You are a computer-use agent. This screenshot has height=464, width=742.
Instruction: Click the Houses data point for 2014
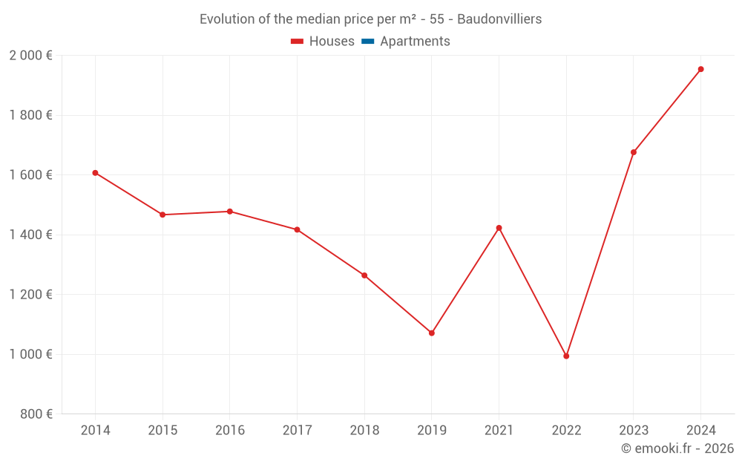point(95,173)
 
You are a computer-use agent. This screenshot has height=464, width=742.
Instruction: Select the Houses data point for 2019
point(432,333)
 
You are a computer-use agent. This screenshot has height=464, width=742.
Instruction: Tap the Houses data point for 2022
point(566,356)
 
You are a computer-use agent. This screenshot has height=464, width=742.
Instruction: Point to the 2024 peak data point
point(700,70)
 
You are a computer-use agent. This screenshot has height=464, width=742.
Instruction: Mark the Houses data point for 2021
point(499,228)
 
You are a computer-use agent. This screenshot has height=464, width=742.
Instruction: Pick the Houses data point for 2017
point(297,230)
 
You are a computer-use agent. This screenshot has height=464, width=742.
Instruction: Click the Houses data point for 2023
point(634,152)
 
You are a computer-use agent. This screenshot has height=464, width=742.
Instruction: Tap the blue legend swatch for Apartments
point(367,42)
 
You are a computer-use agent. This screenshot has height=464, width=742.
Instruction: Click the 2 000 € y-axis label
point(30,56)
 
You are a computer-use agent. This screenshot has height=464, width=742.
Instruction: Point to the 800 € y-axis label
point(36,414)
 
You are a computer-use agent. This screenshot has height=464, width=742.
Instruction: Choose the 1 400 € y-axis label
point(30,235)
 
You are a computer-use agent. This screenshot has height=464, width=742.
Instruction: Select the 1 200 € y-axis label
point(30,295)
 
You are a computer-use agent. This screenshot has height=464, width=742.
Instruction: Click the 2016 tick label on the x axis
point(229,430)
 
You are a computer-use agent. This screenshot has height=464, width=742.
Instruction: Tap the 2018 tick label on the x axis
point(364,430)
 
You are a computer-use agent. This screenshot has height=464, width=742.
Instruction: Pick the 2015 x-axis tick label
point(162,430)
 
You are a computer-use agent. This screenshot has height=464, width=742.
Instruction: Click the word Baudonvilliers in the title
point(499,19)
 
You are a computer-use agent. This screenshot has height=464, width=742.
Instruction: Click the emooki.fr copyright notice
point(677,448)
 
